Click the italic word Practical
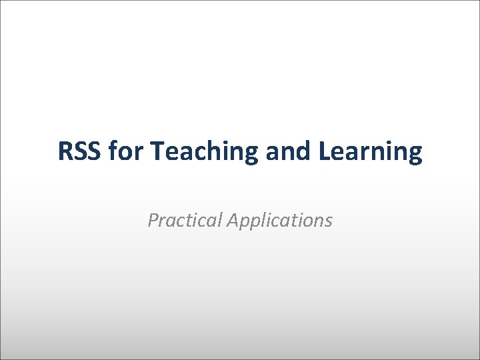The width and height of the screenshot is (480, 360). point(185,220)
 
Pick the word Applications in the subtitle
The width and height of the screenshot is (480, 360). point(279,221)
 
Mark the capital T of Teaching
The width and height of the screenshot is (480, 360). point(158,152)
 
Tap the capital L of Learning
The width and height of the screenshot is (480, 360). point(325,152)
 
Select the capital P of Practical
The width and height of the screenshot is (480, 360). point(153,220)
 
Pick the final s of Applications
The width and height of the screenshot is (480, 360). point(328,221)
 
